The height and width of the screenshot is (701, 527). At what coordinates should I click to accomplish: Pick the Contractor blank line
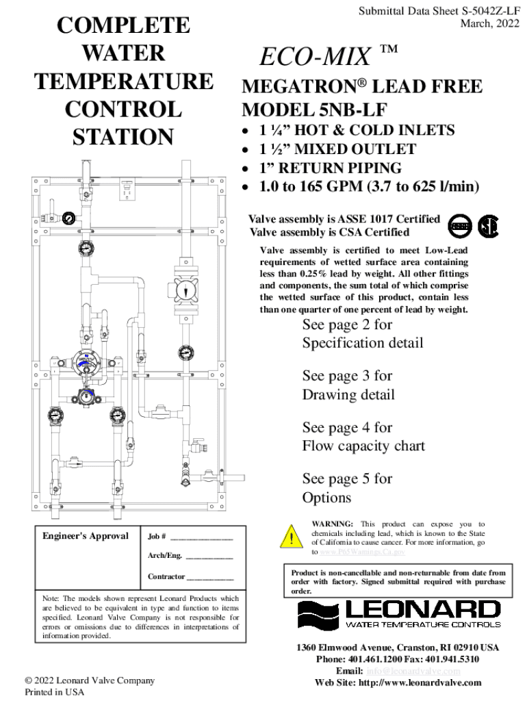point(214,577)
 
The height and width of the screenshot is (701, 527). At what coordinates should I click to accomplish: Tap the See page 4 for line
point(347,427)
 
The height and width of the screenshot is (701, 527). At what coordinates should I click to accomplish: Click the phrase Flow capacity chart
point(363,446)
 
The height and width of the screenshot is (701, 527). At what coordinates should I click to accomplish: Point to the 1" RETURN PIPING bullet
point(331,168)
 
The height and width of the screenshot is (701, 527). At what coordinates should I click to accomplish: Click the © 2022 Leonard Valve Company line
point(89,680)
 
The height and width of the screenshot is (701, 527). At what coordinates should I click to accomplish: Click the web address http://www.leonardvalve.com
point(420,683)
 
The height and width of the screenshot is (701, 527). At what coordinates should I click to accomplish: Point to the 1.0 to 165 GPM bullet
point(369,187)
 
